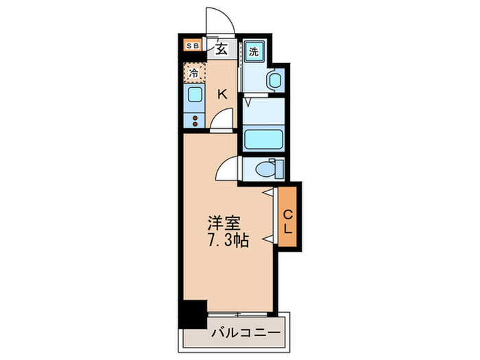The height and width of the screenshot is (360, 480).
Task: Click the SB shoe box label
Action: [x=193, y=47]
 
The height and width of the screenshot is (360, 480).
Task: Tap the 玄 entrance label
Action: [x=223, y=48]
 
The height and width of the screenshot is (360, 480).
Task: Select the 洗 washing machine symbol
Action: [x=253, y=51]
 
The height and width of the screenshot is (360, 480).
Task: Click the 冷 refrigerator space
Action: [x=193, y=71]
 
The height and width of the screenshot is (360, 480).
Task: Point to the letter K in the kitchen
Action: [x=222, y=95]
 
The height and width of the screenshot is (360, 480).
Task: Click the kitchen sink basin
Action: [x=193, y=96]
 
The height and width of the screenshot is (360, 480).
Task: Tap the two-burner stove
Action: [x=195, y=119]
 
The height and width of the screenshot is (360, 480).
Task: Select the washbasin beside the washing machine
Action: [x=275, y=82]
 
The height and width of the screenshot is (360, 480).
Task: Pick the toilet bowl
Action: [x=267, y=169]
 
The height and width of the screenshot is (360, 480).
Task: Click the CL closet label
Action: [x=288, y=221]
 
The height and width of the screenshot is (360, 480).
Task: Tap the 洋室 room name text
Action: [x=224, y=224]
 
